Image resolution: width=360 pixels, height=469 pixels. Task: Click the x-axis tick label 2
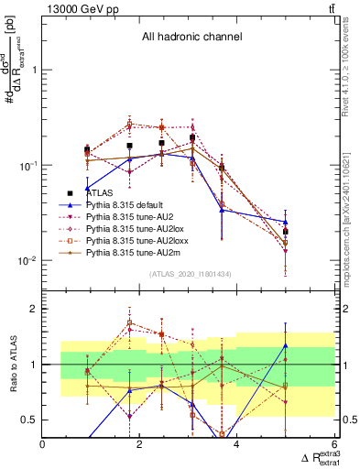140,445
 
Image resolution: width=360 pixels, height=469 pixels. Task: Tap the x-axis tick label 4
237,445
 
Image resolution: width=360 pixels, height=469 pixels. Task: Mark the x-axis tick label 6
334,445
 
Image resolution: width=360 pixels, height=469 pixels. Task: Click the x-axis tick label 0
43,445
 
